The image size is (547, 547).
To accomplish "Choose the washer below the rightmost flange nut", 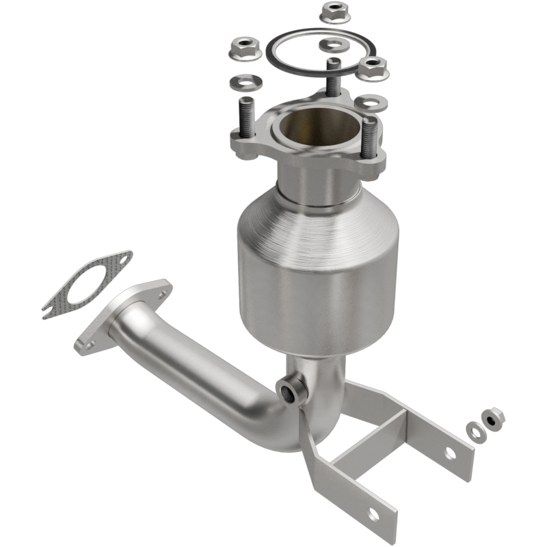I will (367, 103).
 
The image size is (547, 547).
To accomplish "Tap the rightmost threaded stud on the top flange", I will (369, 137).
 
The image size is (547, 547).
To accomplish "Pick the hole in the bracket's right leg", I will (450, 452).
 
